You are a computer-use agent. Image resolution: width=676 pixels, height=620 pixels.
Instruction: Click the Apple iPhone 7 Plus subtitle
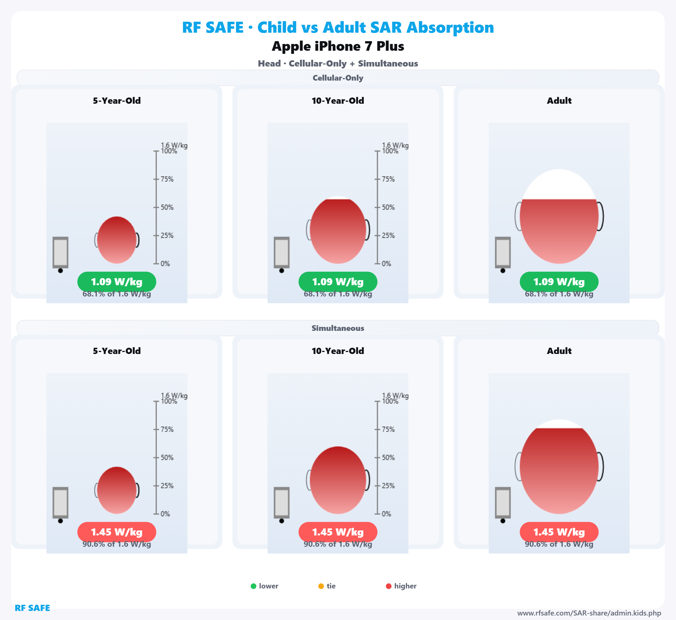[338, 46]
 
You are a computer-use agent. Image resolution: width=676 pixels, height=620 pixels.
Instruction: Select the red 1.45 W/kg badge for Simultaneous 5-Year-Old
[117, 532]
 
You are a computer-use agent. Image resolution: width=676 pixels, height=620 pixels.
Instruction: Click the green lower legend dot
[253, 586]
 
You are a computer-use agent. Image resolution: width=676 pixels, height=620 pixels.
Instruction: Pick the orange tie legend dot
[321, 586]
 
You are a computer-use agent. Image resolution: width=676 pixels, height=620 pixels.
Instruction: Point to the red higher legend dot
[389, 586]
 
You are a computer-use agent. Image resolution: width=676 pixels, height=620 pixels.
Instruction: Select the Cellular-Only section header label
[338, 78]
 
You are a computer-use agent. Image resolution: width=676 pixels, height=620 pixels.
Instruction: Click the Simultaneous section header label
[338, 328]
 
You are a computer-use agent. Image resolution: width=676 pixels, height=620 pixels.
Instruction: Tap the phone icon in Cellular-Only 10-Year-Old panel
[282, 252]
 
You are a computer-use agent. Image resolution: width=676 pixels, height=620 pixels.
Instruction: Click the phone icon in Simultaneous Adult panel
[503, 502]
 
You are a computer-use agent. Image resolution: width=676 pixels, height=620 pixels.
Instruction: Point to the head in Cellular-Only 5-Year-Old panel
[117, 240]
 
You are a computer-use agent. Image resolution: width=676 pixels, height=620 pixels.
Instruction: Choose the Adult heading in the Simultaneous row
[559, 351]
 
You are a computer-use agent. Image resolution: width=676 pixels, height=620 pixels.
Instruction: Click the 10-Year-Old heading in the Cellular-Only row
[338, 101]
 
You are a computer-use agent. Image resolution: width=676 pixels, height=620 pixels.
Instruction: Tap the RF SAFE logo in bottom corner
[32, 608]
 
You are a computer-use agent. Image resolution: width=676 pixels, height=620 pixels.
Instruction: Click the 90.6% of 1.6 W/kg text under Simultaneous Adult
[559, 544]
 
